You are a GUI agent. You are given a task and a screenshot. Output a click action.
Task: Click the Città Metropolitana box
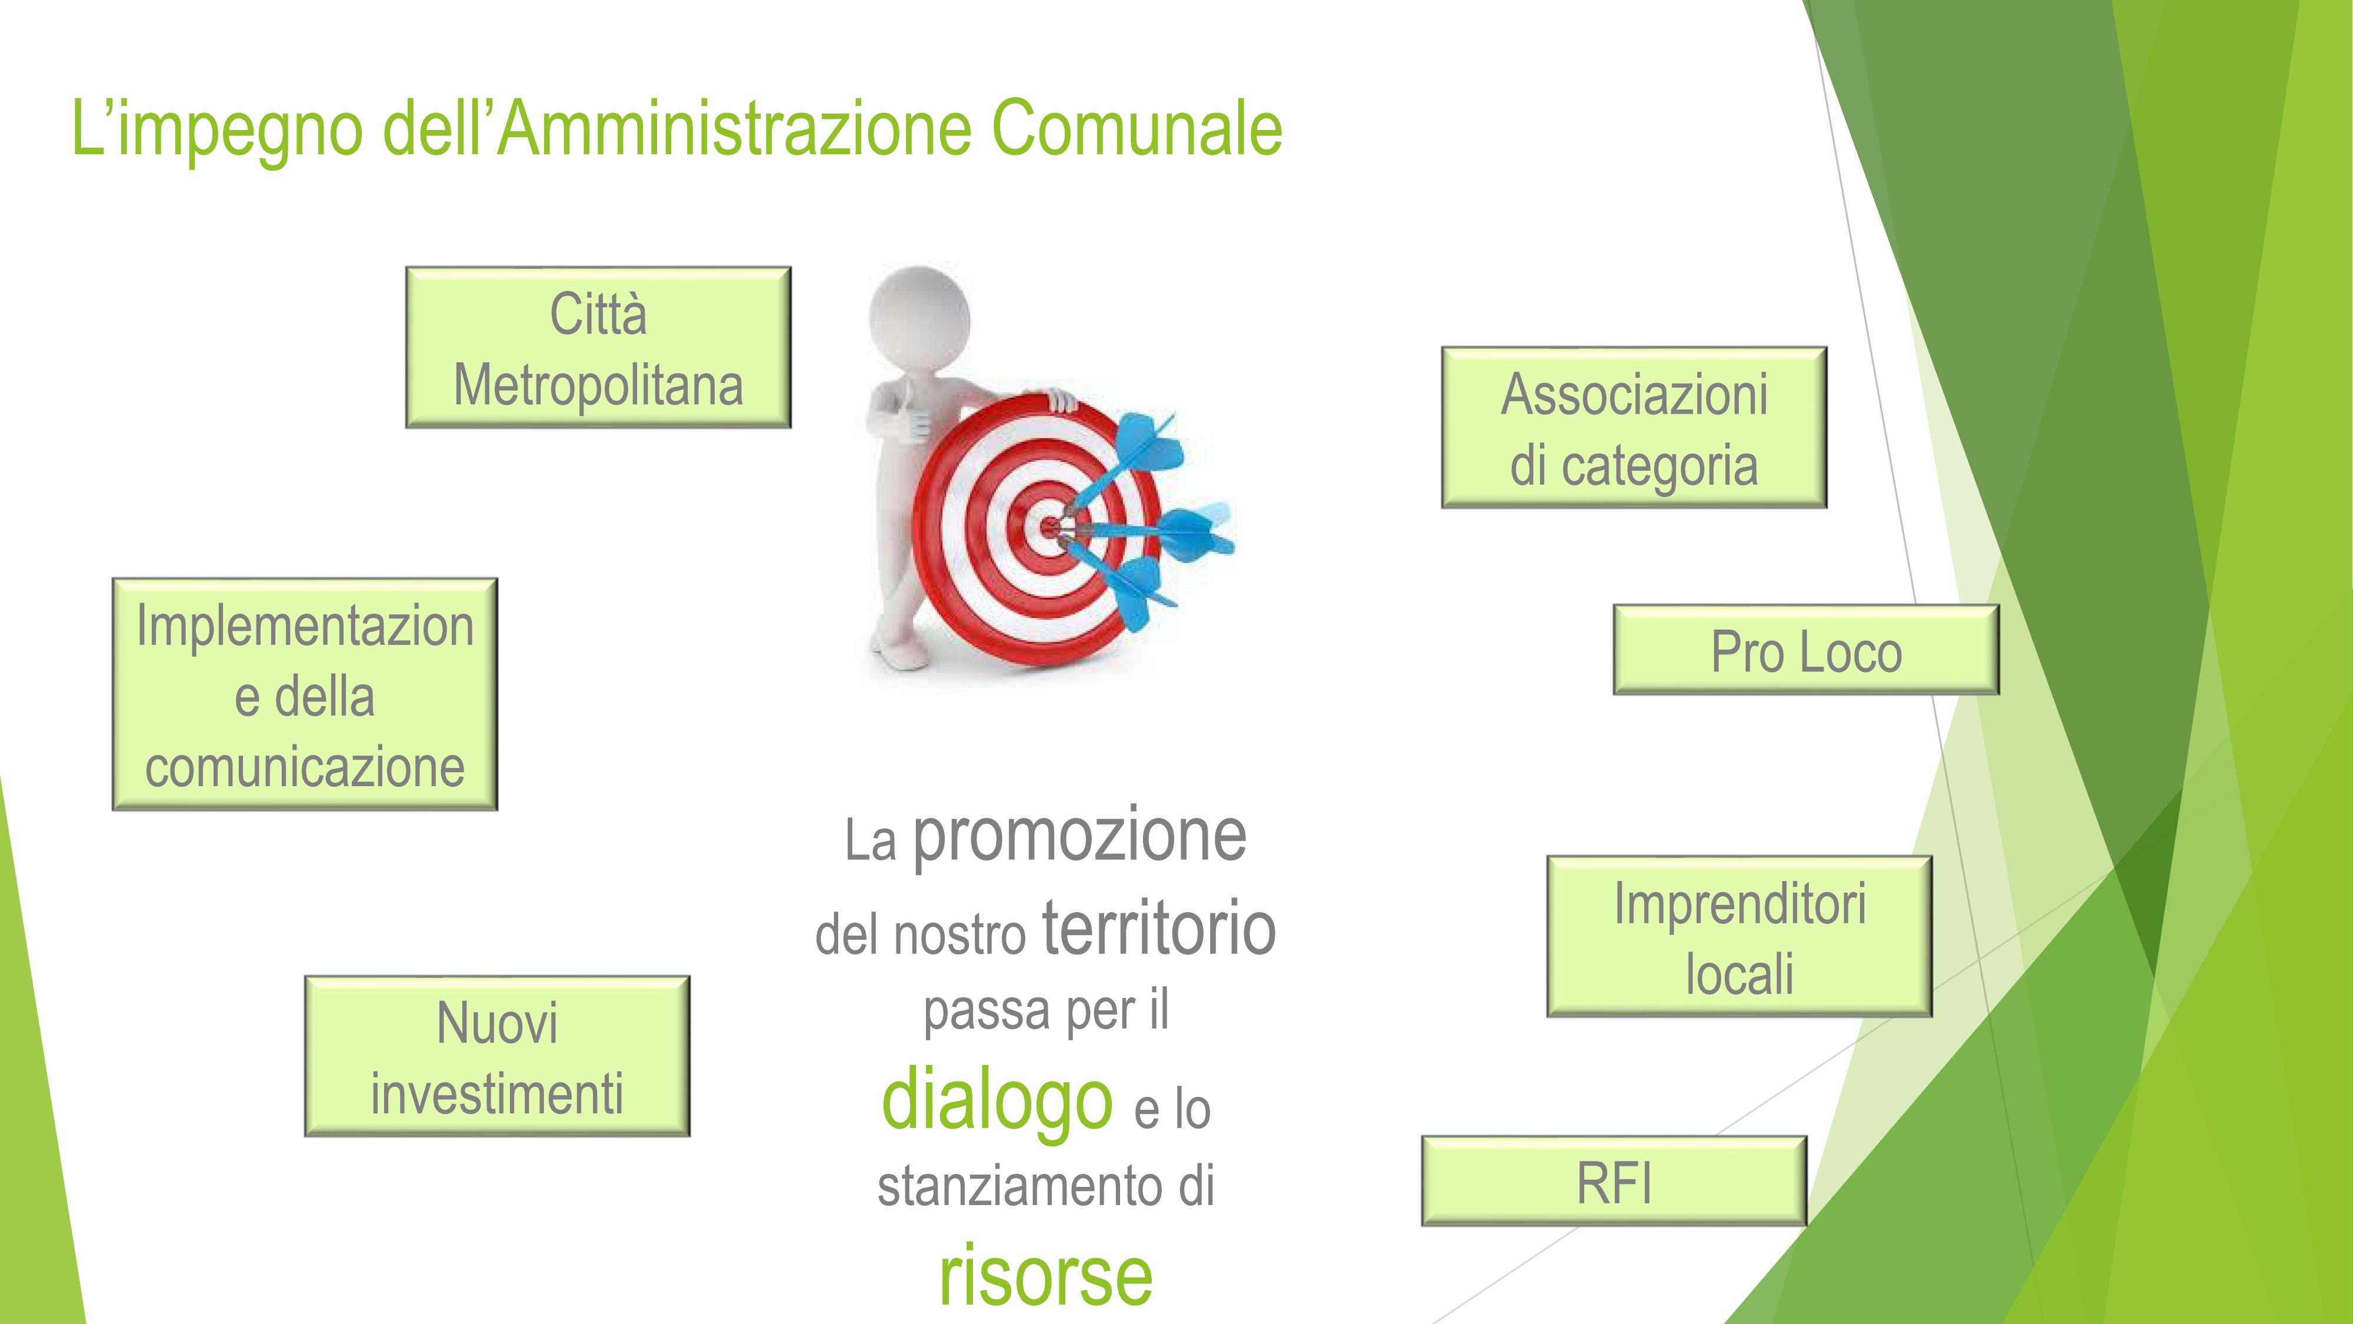pyautogui.click(x=598, y=347)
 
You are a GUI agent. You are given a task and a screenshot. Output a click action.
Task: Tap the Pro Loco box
pyautogui.click(x=1806, y=650)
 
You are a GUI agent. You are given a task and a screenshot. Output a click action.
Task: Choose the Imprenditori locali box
pyautogui.click(x=1739, y=937)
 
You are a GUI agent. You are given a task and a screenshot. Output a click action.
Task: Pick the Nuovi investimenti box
pyautogui.click(x=497, y=1056)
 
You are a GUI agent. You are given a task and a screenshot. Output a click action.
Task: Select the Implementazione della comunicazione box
pyautogui.click(x=305, y=694)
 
